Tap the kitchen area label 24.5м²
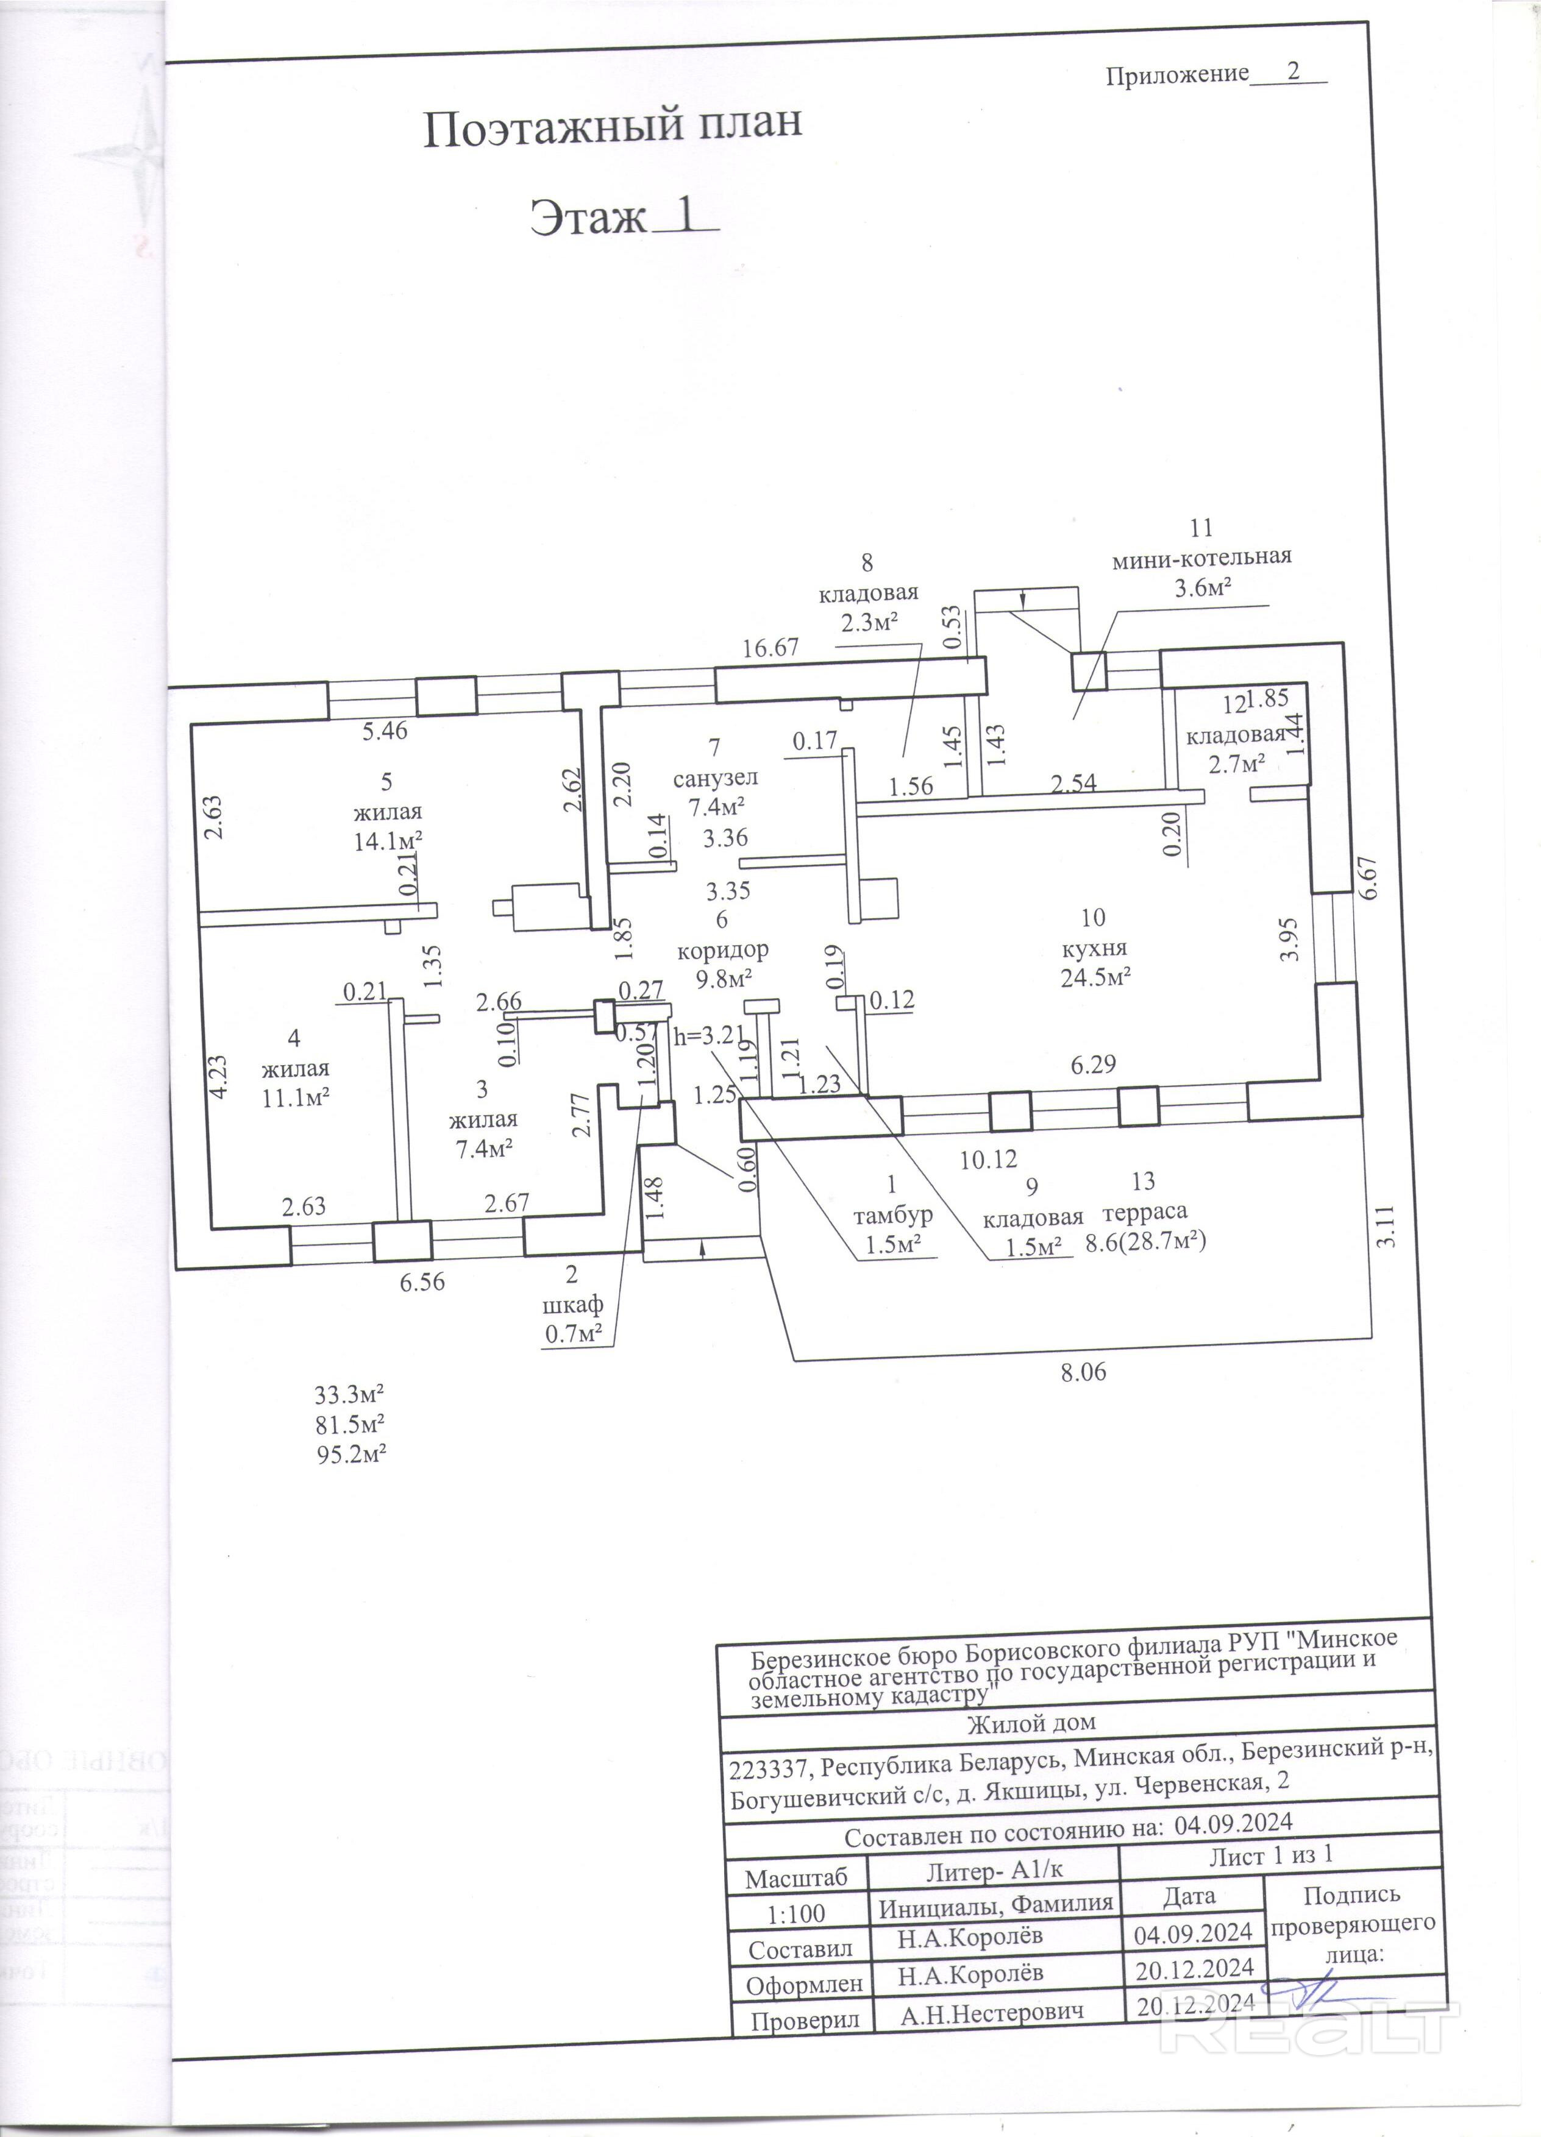pos(1095,977)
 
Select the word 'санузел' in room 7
pos(716,778)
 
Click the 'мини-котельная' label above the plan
pos(1201,556)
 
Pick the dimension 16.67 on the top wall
pos(770,648)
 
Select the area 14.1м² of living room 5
pos(387,842)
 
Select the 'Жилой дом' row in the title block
pos(1032,1723)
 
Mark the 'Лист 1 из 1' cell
pos(1270,1856)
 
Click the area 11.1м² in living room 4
pos(295,1097)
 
